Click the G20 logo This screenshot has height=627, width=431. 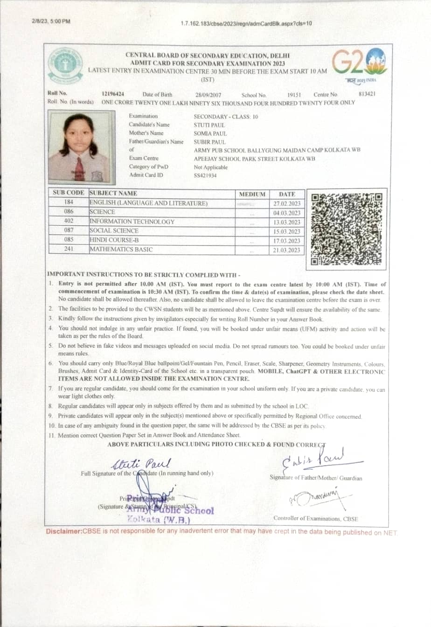[x=359, y=64]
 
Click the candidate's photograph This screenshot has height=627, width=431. [x=79, y=147]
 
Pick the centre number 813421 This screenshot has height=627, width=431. [x=367, y=94]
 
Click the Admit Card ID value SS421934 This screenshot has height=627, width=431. [x=205, y=175]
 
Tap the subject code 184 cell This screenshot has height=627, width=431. [x=69, y=202]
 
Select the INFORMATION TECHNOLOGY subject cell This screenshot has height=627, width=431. [x=132, y=222]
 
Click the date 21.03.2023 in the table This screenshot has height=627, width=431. [x=287, y=250]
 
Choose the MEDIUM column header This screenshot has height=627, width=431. [x=252, y=194]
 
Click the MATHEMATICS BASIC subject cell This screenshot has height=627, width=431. [x=121, y=249]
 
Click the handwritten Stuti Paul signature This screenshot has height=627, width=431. [x=141, y=463]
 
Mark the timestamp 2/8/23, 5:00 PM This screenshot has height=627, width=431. [x=51, y=21]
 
